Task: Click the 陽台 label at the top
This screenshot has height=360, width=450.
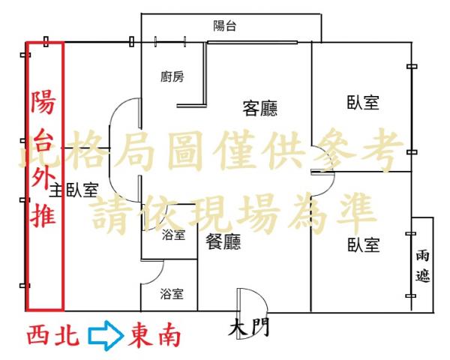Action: (225, 25)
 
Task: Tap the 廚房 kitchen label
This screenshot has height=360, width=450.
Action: (172, 76)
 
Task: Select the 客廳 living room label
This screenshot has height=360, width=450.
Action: (260, 109)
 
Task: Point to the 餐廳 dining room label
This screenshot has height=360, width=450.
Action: (223, 241)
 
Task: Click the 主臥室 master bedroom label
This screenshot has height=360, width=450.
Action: (74, 190)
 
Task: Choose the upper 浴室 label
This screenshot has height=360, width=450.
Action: (174, 235)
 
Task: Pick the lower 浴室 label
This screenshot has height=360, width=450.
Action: (172, 294)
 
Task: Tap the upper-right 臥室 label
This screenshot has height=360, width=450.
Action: (363, 103)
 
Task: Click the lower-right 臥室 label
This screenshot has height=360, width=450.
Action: (364, 245)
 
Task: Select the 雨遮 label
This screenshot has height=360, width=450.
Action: (423, 266)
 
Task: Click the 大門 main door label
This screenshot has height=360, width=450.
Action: (249, 327)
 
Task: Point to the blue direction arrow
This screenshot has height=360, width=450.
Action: (106, 335)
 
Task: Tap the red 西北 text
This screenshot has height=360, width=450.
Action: (53, 335)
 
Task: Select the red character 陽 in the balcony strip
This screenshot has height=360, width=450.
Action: (43, 102)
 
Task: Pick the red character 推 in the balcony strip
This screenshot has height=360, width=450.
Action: (43, 214)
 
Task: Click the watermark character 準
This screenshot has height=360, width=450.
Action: (355, 213)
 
